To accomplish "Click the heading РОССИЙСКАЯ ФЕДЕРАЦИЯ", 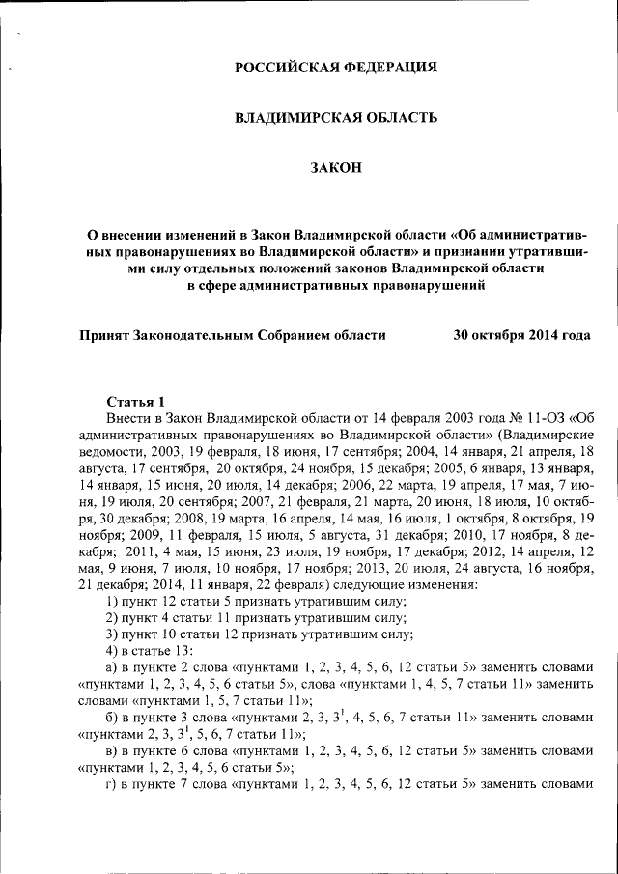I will tap(337, 67).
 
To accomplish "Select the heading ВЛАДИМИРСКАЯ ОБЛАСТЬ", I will tap(337, 117).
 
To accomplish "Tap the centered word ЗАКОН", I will tap(336, 168).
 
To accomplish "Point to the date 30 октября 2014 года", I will tap(521, 335).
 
